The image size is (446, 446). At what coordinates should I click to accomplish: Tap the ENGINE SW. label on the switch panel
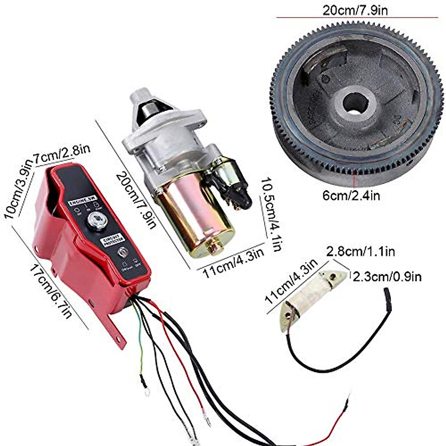pos(83,203)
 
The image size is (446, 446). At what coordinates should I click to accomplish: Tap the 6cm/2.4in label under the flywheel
pos(351,195)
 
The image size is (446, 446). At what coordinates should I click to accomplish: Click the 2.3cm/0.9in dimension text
pos(387,277)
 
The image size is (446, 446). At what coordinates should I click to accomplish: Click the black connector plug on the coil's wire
pos(387,295)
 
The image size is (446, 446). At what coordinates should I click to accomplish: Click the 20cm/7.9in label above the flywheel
pos(355,10)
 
